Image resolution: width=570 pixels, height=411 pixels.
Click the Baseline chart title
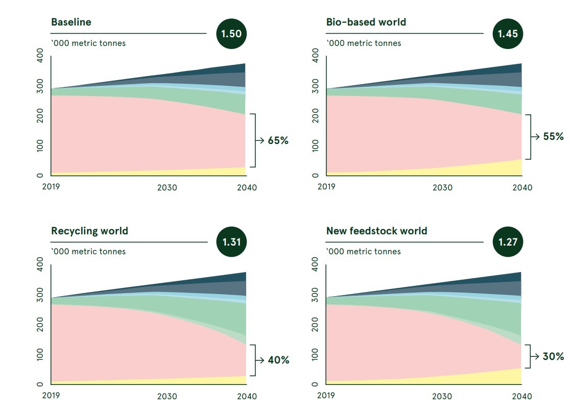tap(71, 22)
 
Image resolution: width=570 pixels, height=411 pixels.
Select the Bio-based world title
tap(366, 22)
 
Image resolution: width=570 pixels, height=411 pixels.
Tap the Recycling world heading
tap(89, 231)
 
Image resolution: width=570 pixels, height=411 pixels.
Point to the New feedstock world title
tap(376, 231)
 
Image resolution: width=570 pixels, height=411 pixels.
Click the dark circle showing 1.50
tap(231, 34)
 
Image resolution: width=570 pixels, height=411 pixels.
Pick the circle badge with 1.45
tap(508, 34)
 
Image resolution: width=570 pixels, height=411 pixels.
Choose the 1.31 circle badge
tap(231, 242)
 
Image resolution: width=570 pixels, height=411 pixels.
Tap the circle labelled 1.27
tap(508, 242)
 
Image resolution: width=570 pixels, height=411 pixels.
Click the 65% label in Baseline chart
tap(278, 140)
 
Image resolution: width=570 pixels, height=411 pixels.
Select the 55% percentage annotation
tap(553, 136)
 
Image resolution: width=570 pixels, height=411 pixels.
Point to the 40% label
tap(278, 360)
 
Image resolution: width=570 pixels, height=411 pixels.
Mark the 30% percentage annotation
tap(553, 356)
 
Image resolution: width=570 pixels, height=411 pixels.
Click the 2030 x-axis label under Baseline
tap(167, 187)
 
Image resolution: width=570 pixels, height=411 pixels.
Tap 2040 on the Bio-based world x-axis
tap(521, 187)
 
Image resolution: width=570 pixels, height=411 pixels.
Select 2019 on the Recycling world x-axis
tap(51, 396)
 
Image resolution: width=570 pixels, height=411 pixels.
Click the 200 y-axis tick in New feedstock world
tap(315, 324)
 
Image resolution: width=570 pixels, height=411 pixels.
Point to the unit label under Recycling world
tap(88, 251)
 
